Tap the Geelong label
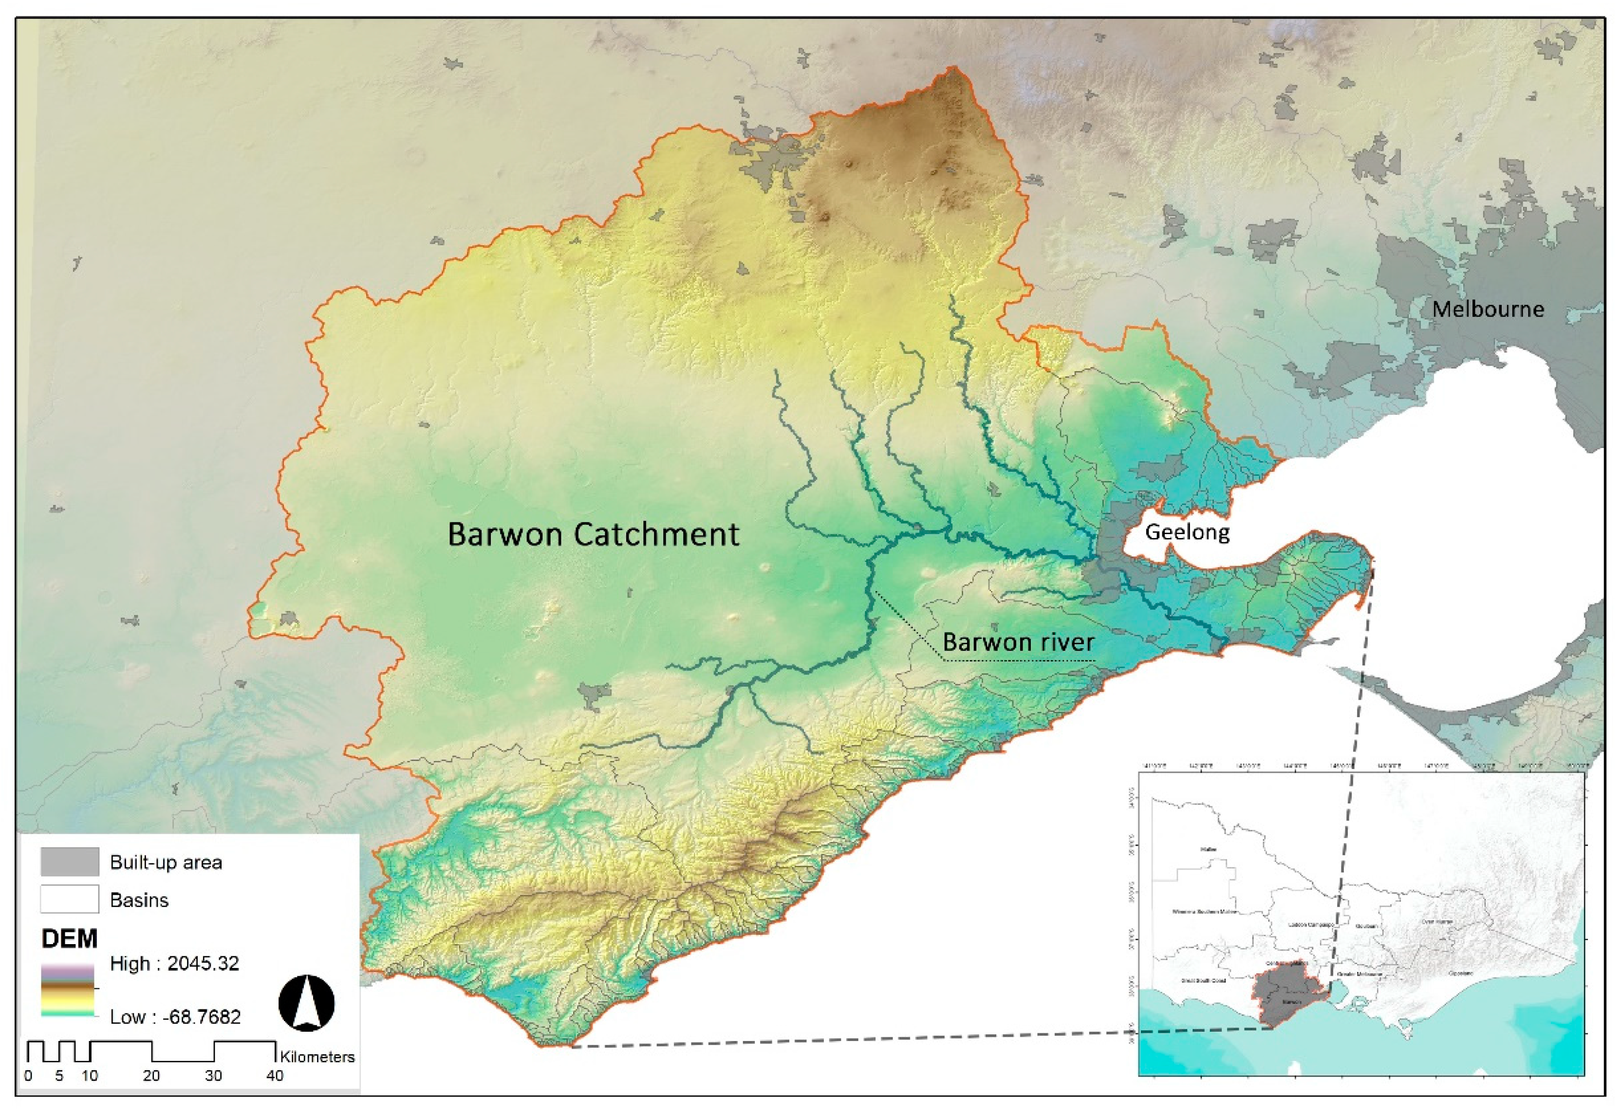click(x=1187, y=532)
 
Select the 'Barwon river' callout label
click(x=1018, y=642)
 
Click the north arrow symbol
click(x=306, y=1004)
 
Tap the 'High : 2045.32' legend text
click(x=174, y=964)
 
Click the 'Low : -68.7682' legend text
click(x=174, y=1017)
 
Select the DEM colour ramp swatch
click(x=67, y=989)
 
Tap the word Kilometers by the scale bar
click(x=317, y=1057)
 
